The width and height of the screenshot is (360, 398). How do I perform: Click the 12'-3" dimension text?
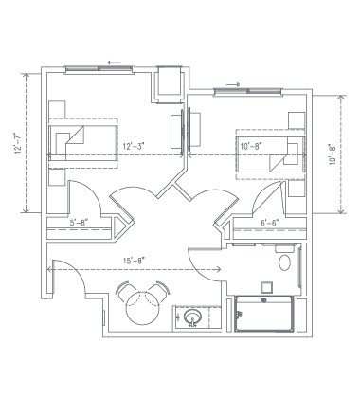coord(134,146)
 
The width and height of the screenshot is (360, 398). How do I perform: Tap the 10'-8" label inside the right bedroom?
coord(251,146)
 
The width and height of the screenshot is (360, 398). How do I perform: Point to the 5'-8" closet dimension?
coord(81,224)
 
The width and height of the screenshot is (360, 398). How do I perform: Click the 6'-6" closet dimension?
coord(271,224)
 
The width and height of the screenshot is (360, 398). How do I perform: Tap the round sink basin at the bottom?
coord(194,317)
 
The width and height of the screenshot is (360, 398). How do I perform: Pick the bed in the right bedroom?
coord(271,147)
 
